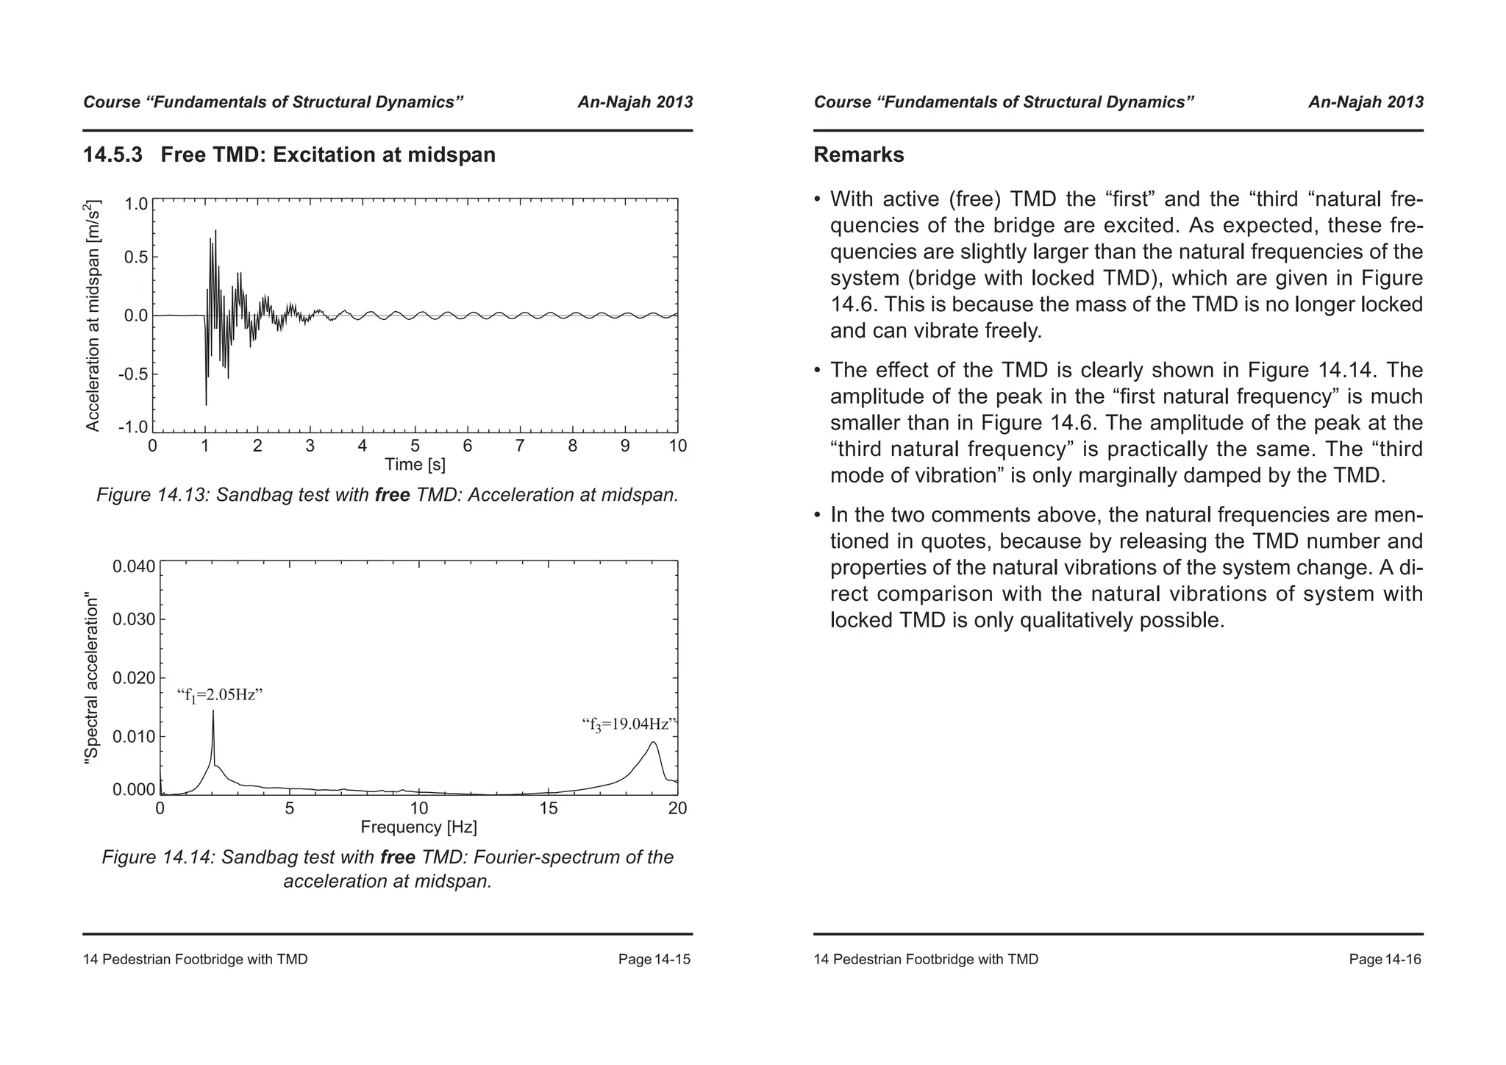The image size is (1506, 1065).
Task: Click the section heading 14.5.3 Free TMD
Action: [x=289, y=155]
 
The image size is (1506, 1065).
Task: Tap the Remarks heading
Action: [x=858, y=155]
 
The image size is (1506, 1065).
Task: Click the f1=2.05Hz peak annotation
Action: [x=220, y=695]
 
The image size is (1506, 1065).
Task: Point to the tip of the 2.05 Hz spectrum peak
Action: [x=213, y=710]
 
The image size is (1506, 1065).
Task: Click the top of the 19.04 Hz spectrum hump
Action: [x=653, y=742]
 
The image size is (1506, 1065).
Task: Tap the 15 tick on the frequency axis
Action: [x=549, y=809]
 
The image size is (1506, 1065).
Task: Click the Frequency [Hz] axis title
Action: [x=418, y=827]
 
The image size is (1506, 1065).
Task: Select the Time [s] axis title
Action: [x=415, y=465]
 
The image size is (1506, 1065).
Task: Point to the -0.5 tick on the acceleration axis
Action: [x=133, y=374]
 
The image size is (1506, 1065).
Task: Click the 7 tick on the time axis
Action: [x=520, y=446]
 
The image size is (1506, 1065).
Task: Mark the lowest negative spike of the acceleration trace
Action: [x=206, y=405]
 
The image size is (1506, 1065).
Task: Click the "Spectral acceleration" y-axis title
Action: [x=91, y=677]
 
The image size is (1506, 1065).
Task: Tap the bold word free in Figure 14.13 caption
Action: [x=392, y=495]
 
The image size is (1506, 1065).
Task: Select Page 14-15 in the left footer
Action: [x=654, y=960]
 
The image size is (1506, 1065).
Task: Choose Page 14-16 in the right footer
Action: [x=1385, y=960]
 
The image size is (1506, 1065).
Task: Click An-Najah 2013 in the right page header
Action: [x=1366, y=102]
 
